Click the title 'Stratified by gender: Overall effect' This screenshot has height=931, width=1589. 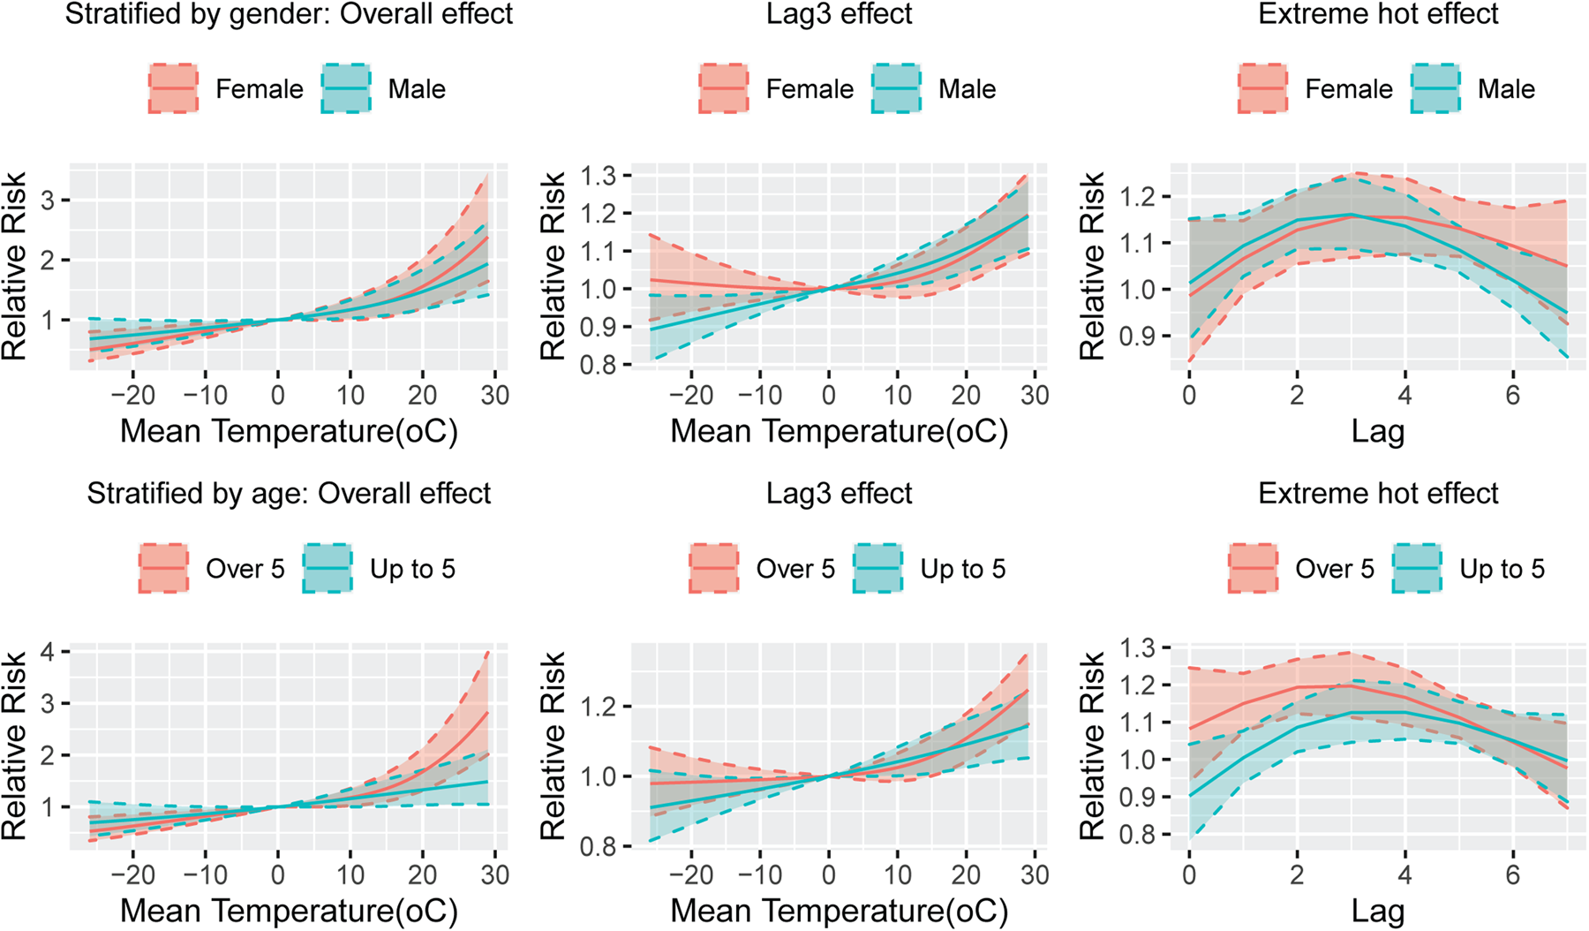[x=289, y=14]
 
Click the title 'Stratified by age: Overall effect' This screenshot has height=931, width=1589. [x=289, y=493]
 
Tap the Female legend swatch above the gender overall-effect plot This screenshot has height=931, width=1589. [x=173, y=88]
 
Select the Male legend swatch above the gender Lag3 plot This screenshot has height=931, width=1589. [x=896, y=88]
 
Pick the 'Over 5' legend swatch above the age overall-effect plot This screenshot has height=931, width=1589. [x=163, y=568]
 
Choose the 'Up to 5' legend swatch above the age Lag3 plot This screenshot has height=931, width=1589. [x=878, y=568]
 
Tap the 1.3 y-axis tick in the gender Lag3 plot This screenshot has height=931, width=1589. [x=598, y=176]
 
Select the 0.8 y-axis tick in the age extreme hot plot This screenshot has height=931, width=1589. [x=1137, y=835]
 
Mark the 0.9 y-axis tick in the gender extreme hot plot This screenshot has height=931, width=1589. [x=1137, y=337]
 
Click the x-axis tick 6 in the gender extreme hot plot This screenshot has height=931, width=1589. [x=1512, y=394]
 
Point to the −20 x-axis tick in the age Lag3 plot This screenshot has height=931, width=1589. [x=690, y=874]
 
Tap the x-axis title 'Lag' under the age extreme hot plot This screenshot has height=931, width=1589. [x=1377, y=912]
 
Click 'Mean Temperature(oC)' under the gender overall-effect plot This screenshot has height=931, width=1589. [x=289, y=432]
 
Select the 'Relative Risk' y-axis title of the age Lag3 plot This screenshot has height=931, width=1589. [x=553, y=746]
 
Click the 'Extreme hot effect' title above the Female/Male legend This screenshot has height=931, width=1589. [x=1378, y=14]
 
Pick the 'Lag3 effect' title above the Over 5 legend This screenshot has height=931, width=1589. [x=839, y=493]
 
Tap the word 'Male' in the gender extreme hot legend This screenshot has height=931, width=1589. [x=1506, y=88]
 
